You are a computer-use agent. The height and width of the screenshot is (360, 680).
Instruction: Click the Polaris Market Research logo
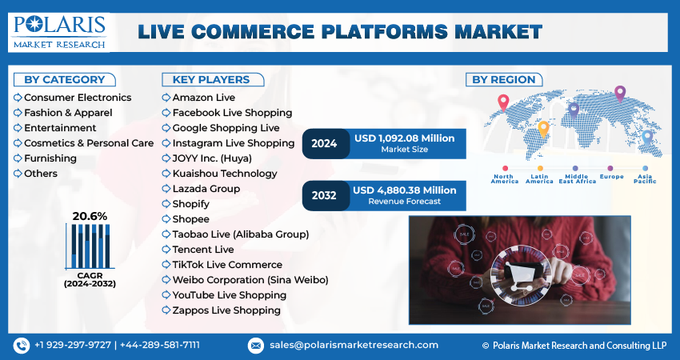pos(59,31)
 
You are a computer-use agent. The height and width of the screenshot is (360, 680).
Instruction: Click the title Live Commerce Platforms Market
pos(340,31)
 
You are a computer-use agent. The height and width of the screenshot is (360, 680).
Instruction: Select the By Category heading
pos(64,79)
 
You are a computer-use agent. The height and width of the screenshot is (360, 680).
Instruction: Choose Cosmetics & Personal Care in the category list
pos(88,143)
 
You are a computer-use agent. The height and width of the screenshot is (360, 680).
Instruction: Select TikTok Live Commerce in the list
pos(227,265)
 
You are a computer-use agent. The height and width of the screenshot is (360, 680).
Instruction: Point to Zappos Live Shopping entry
pos(226,310)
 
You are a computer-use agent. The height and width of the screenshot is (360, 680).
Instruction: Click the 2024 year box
pos(324,143)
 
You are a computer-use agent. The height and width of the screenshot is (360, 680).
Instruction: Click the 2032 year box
pos(324,194)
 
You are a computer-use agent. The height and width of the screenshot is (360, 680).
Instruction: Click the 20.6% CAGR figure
pos(90,216)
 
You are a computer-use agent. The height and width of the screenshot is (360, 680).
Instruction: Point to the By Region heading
pos(504,79)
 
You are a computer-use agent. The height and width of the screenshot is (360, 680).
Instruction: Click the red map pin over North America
pos(503,102)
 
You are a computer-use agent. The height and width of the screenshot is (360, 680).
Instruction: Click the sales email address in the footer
pos(353,345)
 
